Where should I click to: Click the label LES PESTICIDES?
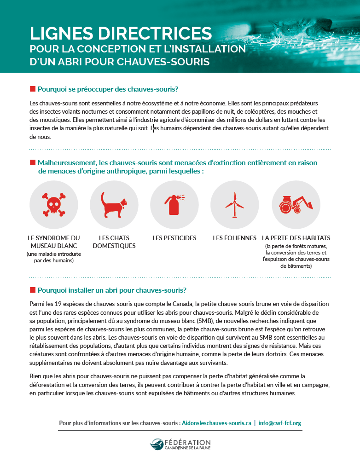coord(174,238)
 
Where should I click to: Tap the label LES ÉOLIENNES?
coord(234,238)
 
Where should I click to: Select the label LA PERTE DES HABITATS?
coord(296,238)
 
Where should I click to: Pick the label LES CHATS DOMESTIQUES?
coord(114,242)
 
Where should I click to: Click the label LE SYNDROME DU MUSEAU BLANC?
coord(54,242)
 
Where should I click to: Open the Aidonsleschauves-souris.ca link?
coord(216,422)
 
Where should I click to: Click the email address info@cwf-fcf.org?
coord(280,422)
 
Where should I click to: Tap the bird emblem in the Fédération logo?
coord(157,444)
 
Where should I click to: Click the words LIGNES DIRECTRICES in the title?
coord(121,34)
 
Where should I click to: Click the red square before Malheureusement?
coord(32,162)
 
